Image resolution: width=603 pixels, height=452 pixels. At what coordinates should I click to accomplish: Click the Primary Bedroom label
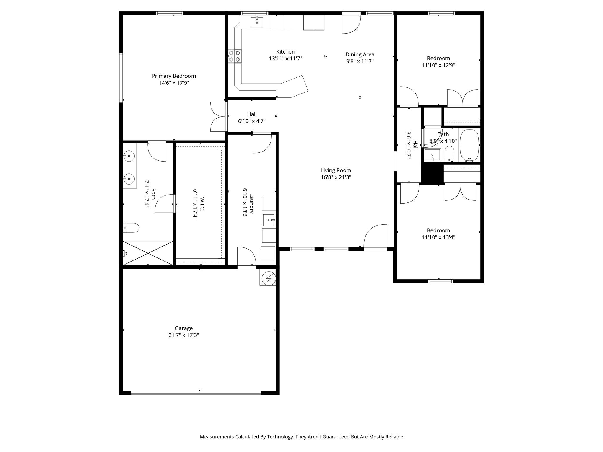174,76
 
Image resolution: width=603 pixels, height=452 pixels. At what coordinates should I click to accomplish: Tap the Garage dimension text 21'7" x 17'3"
184,335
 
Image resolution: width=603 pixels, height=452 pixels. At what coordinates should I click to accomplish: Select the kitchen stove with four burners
235,56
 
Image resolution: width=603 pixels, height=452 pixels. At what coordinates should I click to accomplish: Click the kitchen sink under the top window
257,22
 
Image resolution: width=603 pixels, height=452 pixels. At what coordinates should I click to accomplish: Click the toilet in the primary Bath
131,227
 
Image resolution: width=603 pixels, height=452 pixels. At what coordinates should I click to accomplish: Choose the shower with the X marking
148,253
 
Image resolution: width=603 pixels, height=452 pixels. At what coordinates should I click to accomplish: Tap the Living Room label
336,170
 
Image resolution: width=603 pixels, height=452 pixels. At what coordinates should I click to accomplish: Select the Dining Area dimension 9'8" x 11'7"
360,62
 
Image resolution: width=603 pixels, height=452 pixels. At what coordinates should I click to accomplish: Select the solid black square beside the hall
432,174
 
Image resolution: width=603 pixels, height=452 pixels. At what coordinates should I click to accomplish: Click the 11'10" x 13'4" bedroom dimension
438,237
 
